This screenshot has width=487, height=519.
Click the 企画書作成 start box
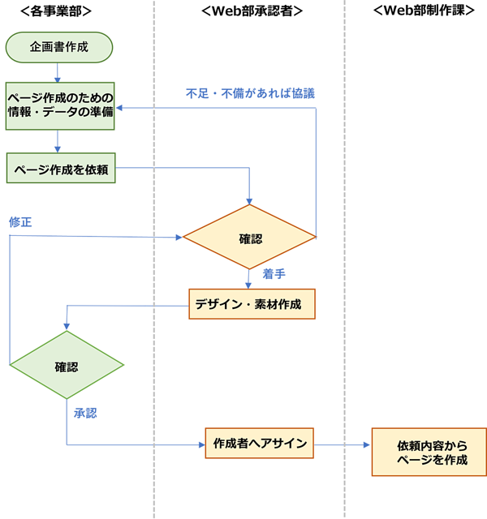(x=59, y=47)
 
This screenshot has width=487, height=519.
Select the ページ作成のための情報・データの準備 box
(x=60, y=106)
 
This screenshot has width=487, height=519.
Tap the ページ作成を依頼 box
(x=61, y=168)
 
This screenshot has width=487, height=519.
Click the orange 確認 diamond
(x=249, y=237)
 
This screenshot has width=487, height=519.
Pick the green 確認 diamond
(x=67, y=365)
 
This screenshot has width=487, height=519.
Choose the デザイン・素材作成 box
(x=252, y=304)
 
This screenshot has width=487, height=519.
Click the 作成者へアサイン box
(x=260, y=443)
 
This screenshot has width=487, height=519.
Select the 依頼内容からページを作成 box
(x=429, y=452)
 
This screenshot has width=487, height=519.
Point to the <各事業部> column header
(x=56, y=11)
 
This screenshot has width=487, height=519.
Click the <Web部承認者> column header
(x=252, y=11)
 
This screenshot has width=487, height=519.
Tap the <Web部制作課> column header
(x=424, y=11)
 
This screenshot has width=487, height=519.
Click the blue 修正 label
(x=20, y=221)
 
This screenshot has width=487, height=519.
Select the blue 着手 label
(x=274, y=274)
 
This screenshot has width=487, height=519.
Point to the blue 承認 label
(x=85, y=413)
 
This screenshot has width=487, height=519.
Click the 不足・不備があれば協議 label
(x=250, y=94)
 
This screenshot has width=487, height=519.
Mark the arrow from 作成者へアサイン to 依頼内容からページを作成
(x=342, y=445)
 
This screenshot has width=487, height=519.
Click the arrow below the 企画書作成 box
(x=58, y=72)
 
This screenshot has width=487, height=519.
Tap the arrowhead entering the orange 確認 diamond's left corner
(x=179, y=238)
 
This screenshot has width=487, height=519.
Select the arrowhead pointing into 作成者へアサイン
(x=202, y=445)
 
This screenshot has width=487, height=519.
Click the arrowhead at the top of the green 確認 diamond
(x=67, y=327)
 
